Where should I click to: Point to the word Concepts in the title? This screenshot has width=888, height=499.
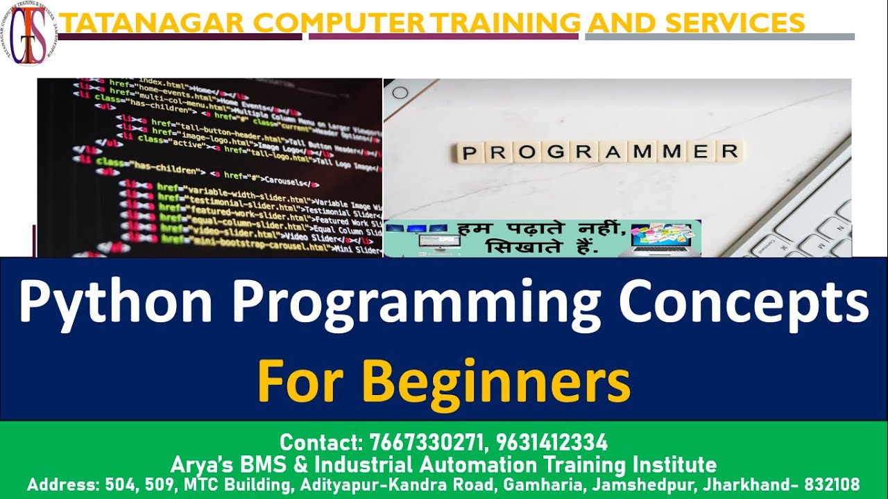(x=743, y=304)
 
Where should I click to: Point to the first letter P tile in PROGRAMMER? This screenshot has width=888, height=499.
(x=470, y=152)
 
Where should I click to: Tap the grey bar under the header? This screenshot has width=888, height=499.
(x=719, y=37)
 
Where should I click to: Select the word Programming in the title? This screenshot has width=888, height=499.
(x=416, y=304)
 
